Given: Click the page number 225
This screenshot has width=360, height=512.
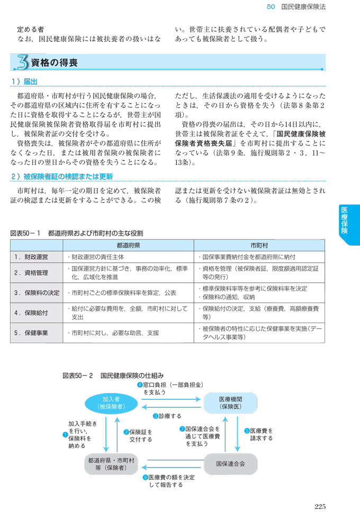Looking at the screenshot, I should (x=319, y=506).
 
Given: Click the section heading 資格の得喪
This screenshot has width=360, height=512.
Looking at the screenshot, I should (x=55, y=63).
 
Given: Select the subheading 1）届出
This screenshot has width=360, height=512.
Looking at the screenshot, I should (x=24, y=82).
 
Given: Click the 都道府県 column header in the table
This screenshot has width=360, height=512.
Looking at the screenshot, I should (x=128, y=245).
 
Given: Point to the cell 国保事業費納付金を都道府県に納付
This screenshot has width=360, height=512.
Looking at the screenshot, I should (x=246, y=257).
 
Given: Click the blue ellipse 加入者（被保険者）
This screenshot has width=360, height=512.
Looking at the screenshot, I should (x=111, y=403).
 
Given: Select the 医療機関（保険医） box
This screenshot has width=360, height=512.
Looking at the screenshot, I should (x=230, y=403).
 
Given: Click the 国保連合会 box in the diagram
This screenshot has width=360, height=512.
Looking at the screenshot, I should (x=230, y=463).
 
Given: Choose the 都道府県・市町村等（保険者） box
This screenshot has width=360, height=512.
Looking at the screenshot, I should (x=111, y=463).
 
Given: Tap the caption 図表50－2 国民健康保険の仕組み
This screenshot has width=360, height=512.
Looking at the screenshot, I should (x=113, y=374).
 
